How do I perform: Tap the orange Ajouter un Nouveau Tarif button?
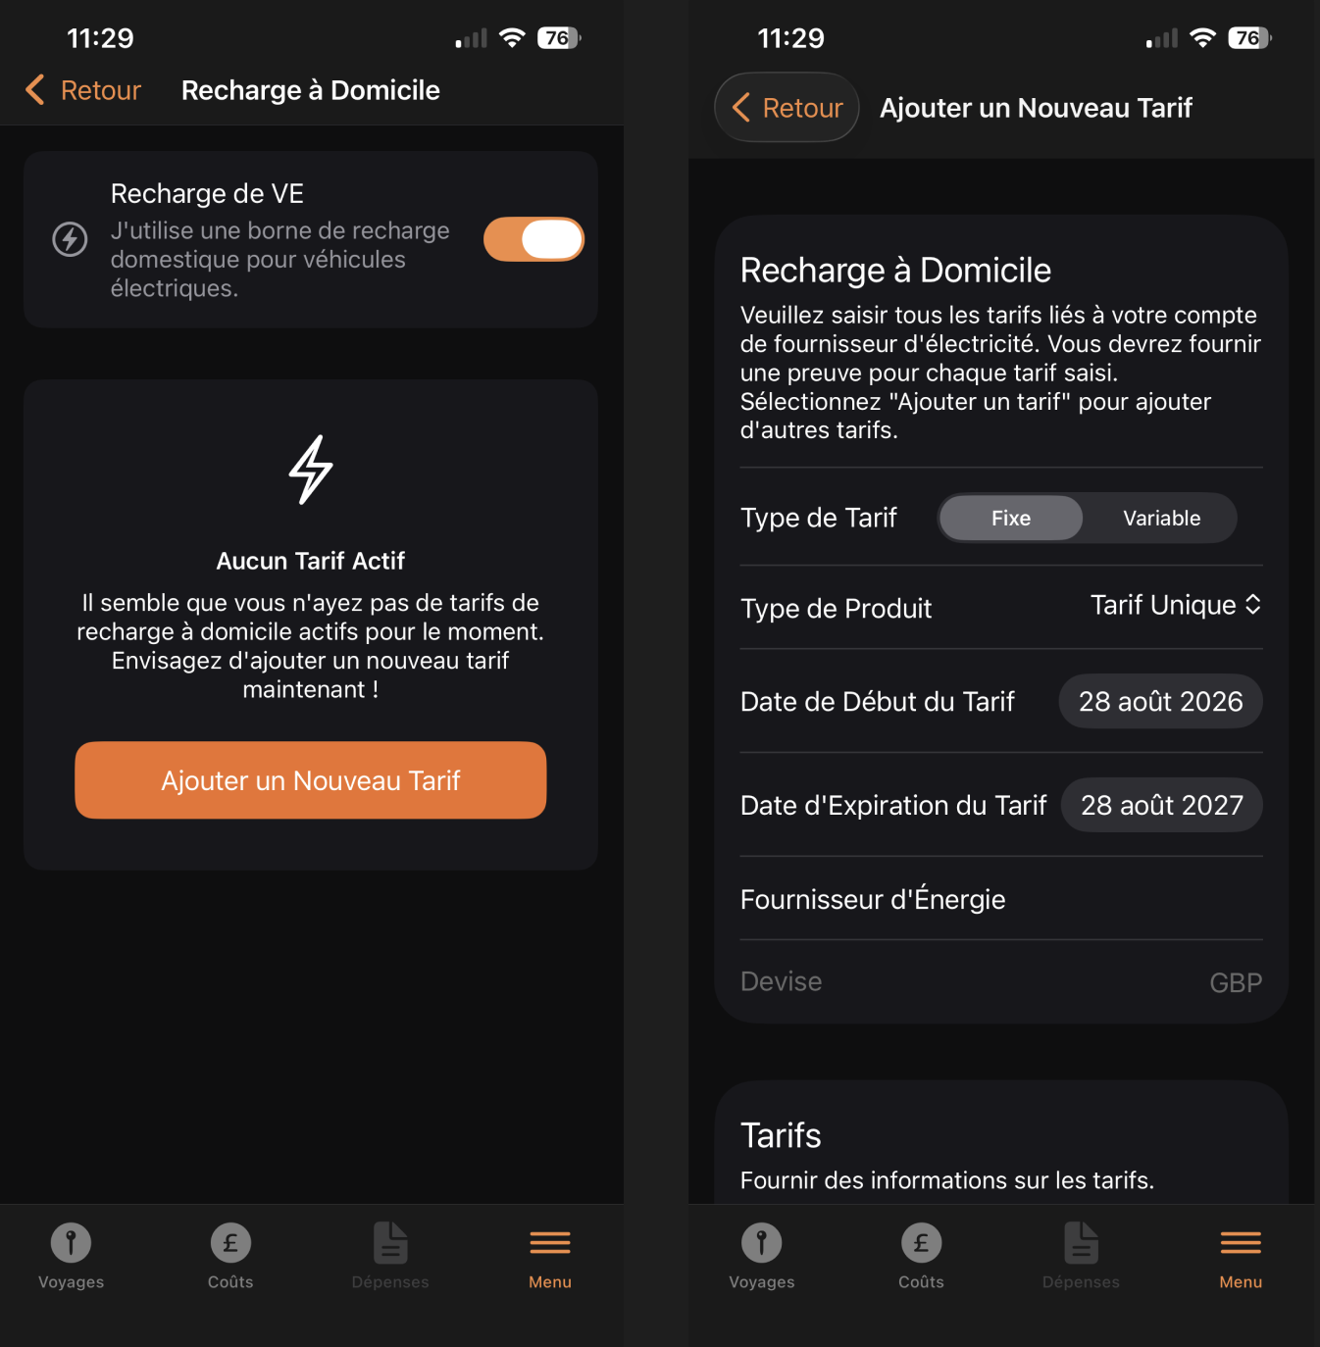point(311,780)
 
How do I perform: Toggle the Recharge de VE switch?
point(533,239)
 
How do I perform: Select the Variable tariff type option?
point(1161,518)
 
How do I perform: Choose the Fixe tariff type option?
point(1011,518)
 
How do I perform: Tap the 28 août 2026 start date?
point(1160,701)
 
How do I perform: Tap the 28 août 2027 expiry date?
point(1162,805)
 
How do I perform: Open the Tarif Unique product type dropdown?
point(1176,605)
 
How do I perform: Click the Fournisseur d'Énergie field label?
point(872,899)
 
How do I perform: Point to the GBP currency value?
point(1236,983)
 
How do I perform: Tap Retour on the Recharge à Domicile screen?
point(84,90)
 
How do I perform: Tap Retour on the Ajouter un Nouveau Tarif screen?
point(787,108)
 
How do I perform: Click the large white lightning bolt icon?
point(311,470)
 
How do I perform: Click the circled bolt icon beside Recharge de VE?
point(70,239)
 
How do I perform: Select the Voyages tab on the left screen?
point(71,1256)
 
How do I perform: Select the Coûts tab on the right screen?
point(921,1256)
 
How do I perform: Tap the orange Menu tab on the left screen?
point(550,1256)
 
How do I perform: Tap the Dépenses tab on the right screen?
point(1081,1256)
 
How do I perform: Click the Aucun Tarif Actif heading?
point(311,561)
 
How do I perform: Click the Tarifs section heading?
point(781,1135)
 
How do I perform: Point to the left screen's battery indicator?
point(558,38)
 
